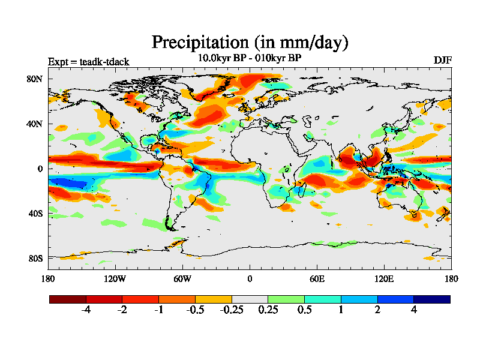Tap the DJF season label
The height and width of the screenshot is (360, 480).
[442, 60]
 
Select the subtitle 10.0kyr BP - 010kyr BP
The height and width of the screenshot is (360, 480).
[250, 58]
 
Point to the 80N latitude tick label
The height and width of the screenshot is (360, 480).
[34, 79]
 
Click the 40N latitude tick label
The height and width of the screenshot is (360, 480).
[34, 124]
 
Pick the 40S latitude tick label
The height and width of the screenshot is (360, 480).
[34, 214]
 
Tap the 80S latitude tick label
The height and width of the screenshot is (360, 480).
[34, 259]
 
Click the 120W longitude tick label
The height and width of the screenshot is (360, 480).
[115, 279]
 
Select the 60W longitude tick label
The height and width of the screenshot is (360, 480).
[182, 279]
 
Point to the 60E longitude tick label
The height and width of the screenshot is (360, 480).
[317, 279]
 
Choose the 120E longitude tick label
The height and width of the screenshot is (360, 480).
[384, 279]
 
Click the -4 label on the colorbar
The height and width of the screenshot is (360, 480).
[86, 311]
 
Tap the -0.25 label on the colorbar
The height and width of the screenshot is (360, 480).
[232, 311]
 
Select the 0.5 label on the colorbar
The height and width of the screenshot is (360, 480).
[304, 311]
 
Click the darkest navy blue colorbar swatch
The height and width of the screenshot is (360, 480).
[431, 299]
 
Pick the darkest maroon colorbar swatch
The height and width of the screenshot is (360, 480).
[68, 299]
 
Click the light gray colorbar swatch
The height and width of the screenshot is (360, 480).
[250, 299]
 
